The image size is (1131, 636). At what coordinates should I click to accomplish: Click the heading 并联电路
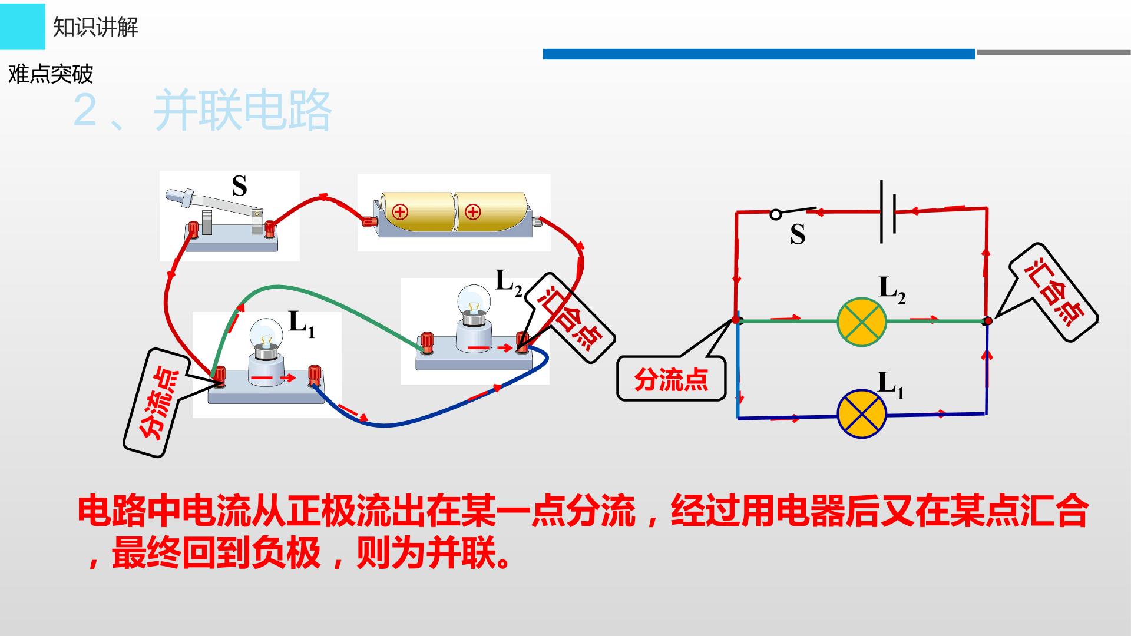[x=242, y=111]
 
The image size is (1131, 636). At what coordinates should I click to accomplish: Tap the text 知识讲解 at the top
[x=95, y=27]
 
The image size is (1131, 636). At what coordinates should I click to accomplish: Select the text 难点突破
[x=51, y=74]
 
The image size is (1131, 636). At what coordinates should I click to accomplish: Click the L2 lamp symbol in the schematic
[x=862, y=321]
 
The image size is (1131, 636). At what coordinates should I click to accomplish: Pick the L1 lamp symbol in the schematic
[x=862, y=413]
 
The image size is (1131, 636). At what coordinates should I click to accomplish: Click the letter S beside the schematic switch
[x=798, y=234]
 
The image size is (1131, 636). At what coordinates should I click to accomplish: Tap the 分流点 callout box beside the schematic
[x=671, y=380]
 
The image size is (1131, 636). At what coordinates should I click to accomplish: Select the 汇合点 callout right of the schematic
[x=1054, y=292]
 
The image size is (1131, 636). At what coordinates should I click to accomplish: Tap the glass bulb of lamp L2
[x=474, y=300]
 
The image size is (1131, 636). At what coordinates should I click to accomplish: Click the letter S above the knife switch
[x=239, y=187]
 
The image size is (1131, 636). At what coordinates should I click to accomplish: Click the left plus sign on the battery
[x=401, y=211]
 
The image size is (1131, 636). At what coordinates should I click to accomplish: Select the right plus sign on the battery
[x=473, y=211]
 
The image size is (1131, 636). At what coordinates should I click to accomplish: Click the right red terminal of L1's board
[x=314, y=375]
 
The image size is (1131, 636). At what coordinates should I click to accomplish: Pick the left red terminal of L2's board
[x=425, y=342]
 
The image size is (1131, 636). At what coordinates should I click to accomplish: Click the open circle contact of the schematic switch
[x=776, y=215]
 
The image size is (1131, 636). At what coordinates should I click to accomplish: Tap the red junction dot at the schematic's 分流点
[x=736, y=320]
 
